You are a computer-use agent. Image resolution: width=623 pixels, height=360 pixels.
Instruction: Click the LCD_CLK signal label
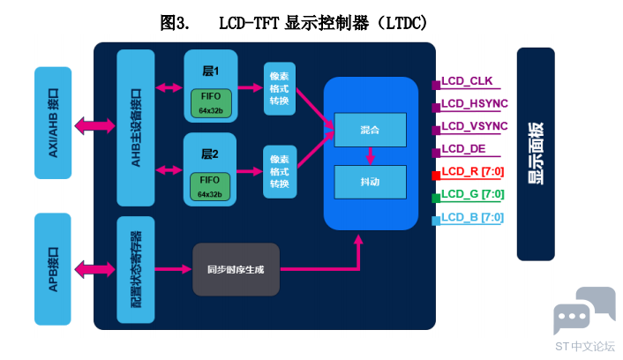[467, 82]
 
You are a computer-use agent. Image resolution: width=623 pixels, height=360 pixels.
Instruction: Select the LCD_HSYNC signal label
[474, 105]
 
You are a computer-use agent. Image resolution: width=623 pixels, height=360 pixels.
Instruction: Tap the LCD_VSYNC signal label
[474, 127]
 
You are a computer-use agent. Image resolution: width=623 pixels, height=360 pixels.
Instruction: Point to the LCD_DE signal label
[464, 149]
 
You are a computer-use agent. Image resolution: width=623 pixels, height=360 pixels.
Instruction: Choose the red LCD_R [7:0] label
[472, 171]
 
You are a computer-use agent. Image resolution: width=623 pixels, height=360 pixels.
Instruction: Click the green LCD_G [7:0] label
[472, 194]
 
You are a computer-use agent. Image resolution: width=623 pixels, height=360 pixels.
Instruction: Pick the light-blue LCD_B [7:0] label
[472, 217]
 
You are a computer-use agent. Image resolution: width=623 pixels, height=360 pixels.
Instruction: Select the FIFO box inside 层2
[210, 187]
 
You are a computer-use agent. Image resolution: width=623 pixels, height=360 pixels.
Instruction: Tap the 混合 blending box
[370, 130]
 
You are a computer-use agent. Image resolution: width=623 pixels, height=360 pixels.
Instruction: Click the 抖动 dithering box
[370, 182]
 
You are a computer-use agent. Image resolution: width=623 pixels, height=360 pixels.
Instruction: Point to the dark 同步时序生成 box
[236, 269]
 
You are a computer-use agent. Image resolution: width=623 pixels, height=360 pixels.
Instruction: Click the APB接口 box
[52, 267]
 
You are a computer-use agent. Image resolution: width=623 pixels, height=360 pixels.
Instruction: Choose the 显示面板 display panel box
[536, 154]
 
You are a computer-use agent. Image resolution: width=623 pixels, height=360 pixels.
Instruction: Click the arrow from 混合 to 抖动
[370, 155]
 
